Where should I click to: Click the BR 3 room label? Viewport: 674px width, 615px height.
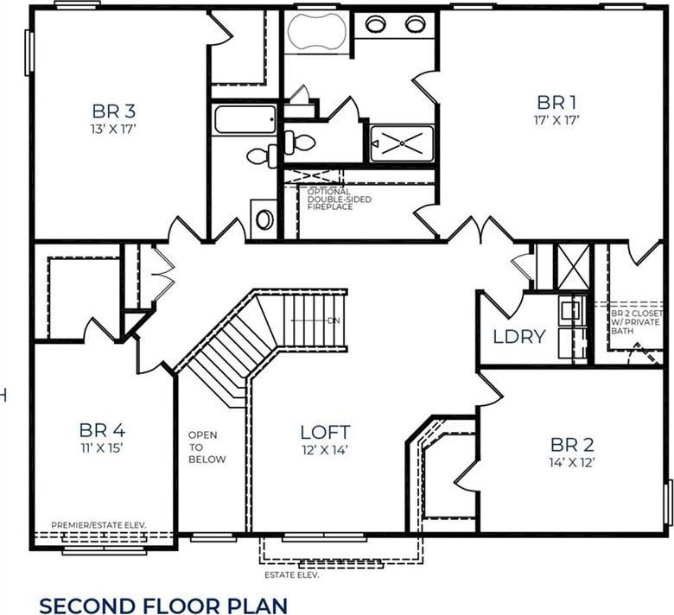click(114, 111)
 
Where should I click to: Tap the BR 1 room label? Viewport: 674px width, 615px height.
click(556, 103)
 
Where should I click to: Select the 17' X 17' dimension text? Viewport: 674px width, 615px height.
click(556, 120)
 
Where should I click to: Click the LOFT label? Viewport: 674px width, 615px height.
click(326, 433)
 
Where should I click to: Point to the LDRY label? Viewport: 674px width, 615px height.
click(519, 337)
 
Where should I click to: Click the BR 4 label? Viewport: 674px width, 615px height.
click(102, 430)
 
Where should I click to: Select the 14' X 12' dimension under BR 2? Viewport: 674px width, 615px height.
click(572, 462)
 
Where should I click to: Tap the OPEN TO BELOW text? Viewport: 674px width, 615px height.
click(207, 447)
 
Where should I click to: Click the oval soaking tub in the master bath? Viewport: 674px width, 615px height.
click(317, 31)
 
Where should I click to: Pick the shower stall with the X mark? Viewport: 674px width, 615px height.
click(402, 143)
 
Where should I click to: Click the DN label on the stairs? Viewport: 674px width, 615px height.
click(334, 320)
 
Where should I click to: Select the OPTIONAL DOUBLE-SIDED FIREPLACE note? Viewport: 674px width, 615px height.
click(339, 200)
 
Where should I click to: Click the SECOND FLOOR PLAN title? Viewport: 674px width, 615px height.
click(163, 605)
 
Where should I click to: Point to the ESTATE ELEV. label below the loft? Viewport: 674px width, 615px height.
click(292, 575)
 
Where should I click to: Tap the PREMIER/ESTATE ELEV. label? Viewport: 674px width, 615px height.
click(99, 525)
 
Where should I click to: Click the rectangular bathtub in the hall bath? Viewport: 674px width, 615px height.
click(245, 119)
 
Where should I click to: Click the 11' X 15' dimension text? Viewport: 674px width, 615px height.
click(102, 447)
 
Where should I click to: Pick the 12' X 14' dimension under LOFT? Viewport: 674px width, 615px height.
click(325, 450)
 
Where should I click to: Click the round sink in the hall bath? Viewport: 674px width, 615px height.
click(264, 219)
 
